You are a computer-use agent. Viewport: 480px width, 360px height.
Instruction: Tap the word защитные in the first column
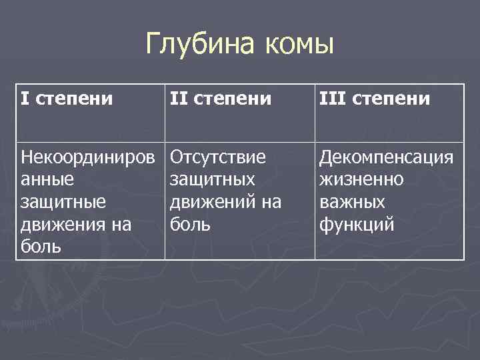63,203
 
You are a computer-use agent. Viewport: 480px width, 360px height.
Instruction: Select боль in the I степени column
40,247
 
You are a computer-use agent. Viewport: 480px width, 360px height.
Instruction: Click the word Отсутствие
218,157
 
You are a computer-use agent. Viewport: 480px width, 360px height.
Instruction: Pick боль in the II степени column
190,225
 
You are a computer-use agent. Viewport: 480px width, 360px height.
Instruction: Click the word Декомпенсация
387,157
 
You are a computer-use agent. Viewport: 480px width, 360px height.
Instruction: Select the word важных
351,203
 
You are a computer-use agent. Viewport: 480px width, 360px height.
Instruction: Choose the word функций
356,225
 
